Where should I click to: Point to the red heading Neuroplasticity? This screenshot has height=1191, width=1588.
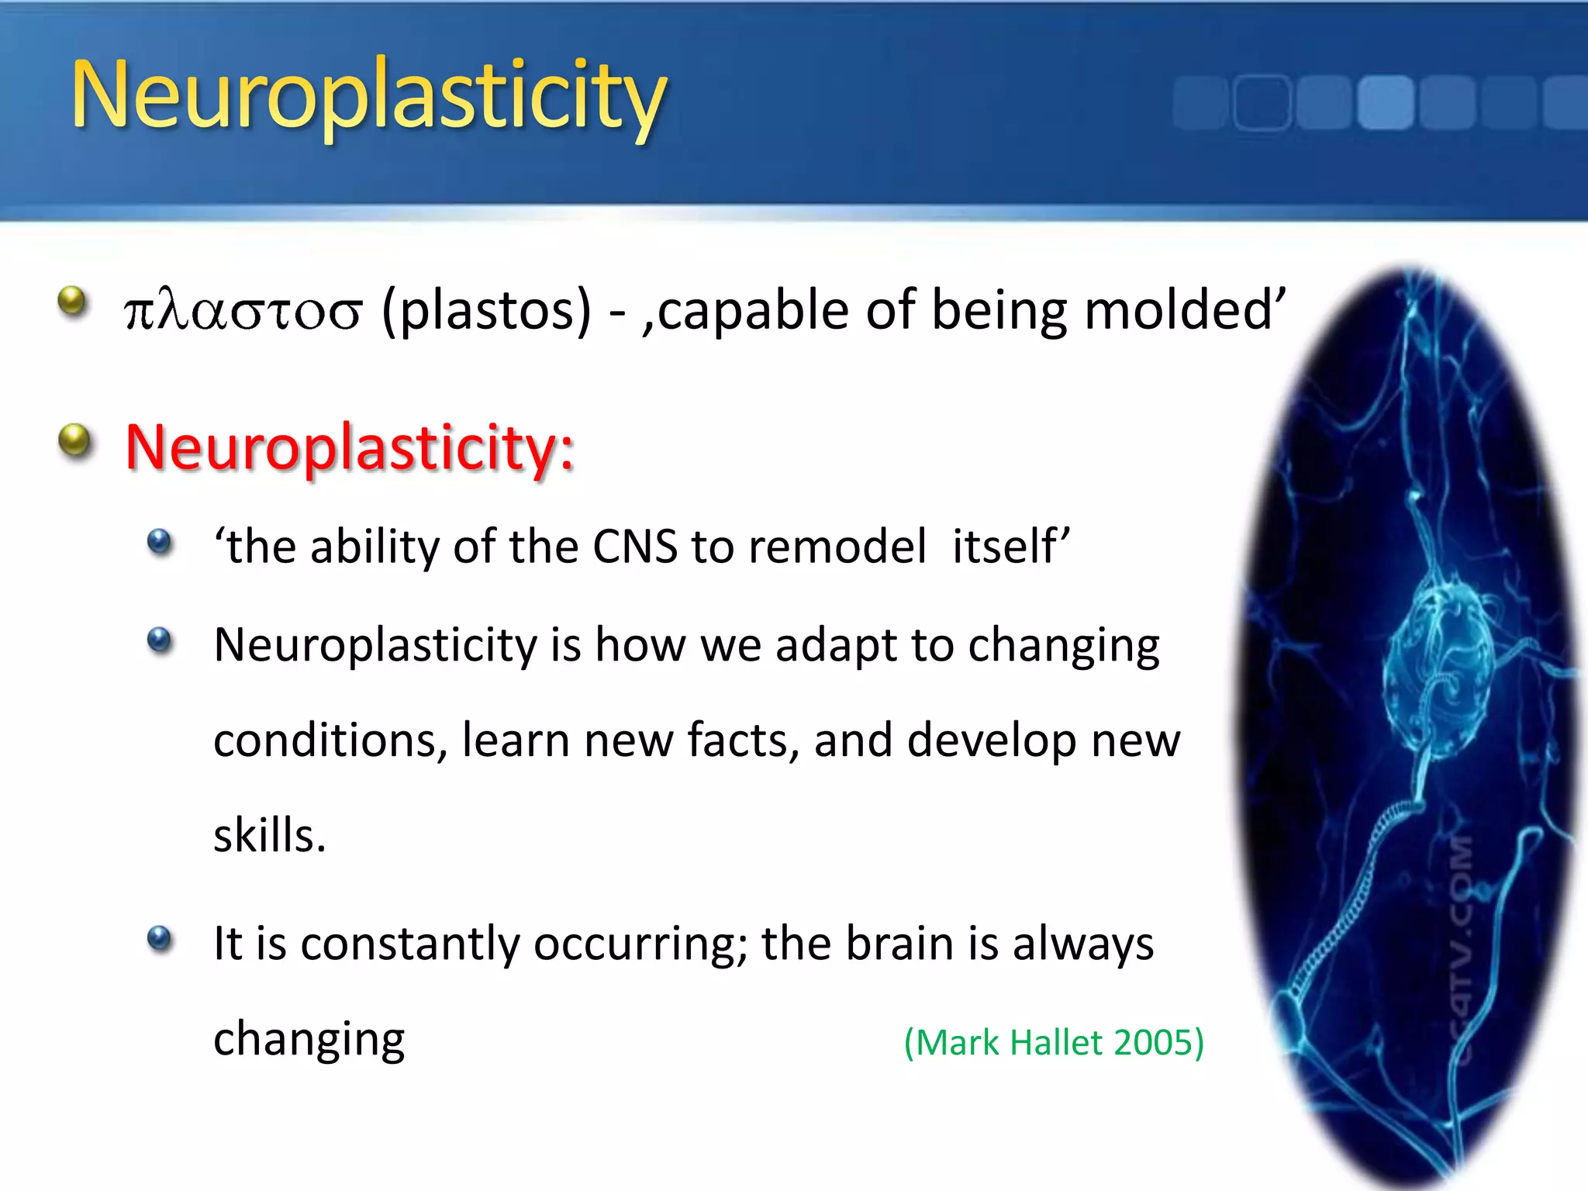pos(350,448)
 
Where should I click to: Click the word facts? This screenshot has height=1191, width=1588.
pos(743,740)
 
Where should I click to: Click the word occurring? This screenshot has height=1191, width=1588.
pos(640,944)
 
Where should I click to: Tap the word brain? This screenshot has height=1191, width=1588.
pos(899,944)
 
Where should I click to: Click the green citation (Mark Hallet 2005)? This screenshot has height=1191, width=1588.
pos(1054,1042)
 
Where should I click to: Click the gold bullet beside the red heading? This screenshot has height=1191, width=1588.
pos(75,441)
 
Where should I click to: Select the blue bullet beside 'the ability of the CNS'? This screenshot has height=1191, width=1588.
pos(160,541)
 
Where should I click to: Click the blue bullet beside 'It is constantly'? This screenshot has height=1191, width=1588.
pos(160,938)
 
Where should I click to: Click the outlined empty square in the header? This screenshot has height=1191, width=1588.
pos(1261,102)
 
